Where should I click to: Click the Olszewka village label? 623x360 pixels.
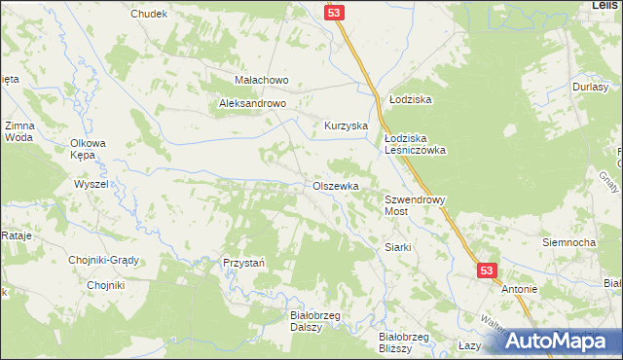tap(336, 186)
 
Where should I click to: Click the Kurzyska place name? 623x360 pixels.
tap(345, 126)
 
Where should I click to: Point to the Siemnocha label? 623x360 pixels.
tap(569, 241)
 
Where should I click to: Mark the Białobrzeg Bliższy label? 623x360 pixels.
tap(404, 342)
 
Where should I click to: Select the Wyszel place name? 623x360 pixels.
tap(91, 184)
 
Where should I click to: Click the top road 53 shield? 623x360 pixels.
tap(334, 12)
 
